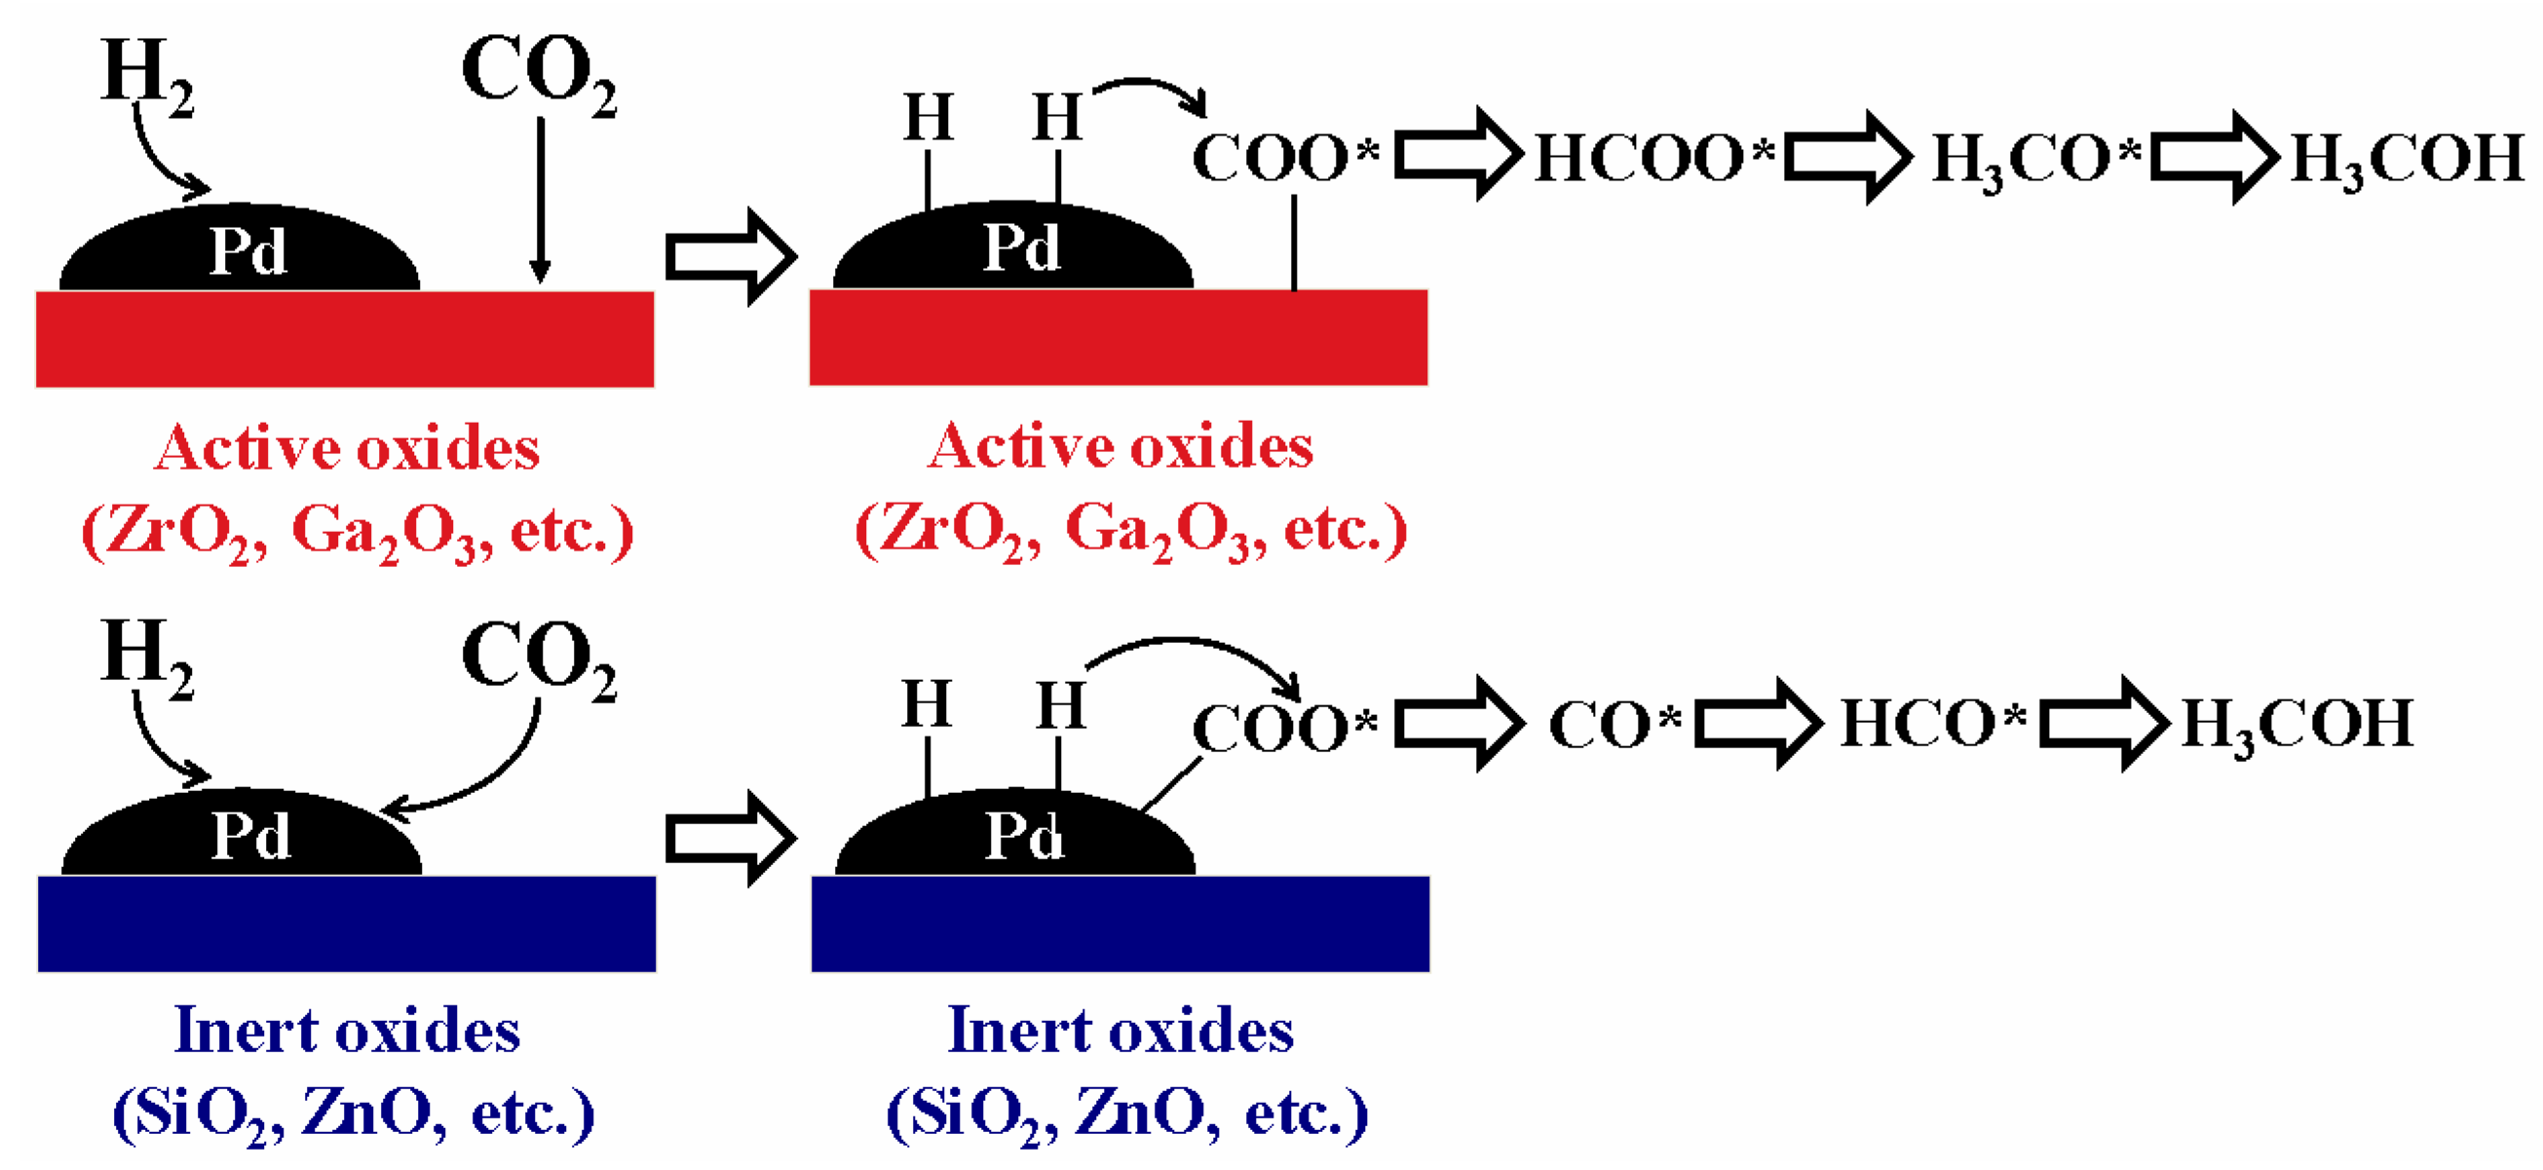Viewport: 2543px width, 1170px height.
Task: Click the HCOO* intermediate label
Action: pos(1652,158)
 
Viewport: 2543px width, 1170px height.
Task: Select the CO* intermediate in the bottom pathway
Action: pos(1614,726)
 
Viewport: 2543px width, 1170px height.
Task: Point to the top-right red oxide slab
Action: pos(1119,338)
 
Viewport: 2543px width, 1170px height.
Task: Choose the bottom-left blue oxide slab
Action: pos(347,924)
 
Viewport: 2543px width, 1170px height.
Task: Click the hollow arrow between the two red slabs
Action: pos(731,257)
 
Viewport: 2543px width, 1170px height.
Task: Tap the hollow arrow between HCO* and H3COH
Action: pos(2103,724)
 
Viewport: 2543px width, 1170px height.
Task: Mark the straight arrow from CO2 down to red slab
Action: pos(540,198)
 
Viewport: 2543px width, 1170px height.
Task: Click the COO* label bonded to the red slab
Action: pos(1283,158)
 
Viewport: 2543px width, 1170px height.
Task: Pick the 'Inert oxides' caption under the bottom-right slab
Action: pos(1120,1032)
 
